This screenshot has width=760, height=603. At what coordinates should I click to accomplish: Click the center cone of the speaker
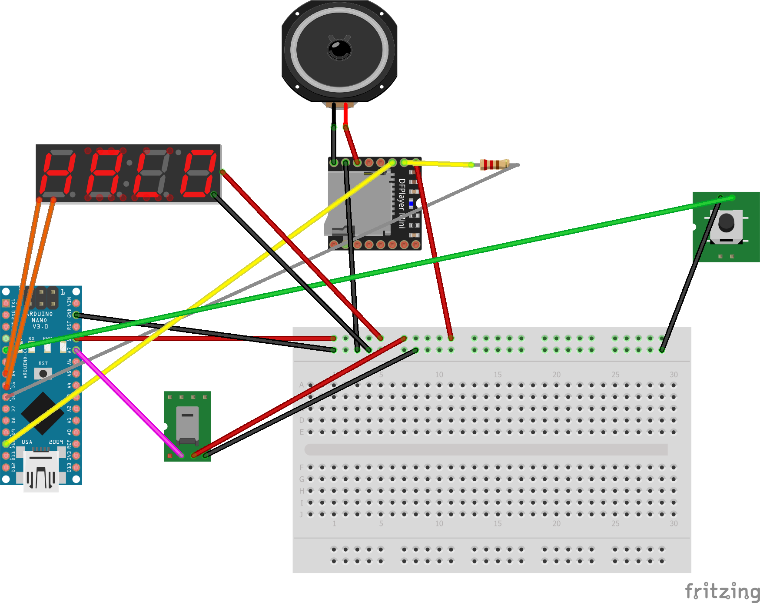339,49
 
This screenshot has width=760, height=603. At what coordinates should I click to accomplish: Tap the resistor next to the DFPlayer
494,164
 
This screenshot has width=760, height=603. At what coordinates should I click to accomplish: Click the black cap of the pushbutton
726,223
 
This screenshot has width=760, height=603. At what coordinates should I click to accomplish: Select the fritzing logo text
722,592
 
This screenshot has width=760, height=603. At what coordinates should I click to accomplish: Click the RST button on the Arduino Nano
43,373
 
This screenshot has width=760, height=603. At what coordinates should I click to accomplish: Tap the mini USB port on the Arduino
41,472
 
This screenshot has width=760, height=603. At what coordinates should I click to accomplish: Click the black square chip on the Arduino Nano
42,413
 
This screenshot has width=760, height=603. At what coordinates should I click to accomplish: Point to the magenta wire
128,402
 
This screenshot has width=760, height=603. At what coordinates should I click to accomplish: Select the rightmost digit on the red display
198,174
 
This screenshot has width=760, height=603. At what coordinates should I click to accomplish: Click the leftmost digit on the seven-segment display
56,174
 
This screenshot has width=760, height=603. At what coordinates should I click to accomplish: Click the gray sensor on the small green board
187,424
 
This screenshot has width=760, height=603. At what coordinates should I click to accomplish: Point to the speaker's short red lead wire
346,114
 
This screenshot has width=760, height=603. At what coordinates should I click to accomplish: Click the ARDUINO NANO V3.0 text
40,320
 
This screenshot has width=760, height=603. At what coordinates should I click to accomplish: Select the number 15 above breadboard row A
498,375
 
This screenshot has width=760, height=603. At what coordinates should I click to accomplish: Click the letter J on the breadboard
301,514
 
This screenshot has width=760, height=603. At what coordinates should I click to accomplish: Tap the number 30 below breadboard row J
673,523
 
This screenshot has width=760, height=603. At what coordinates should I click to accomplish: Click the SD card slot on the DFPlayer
356,204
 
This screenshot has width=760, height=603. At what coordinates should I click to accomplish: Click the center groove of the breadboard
486,449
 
